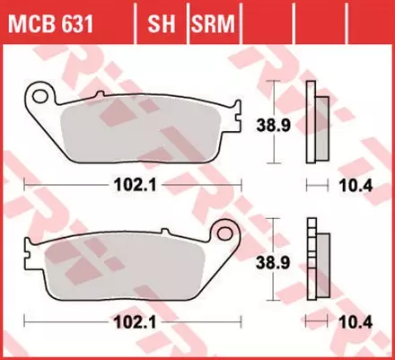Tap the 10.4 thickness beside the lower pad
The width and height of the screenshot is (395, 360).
tap(354, 320)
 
